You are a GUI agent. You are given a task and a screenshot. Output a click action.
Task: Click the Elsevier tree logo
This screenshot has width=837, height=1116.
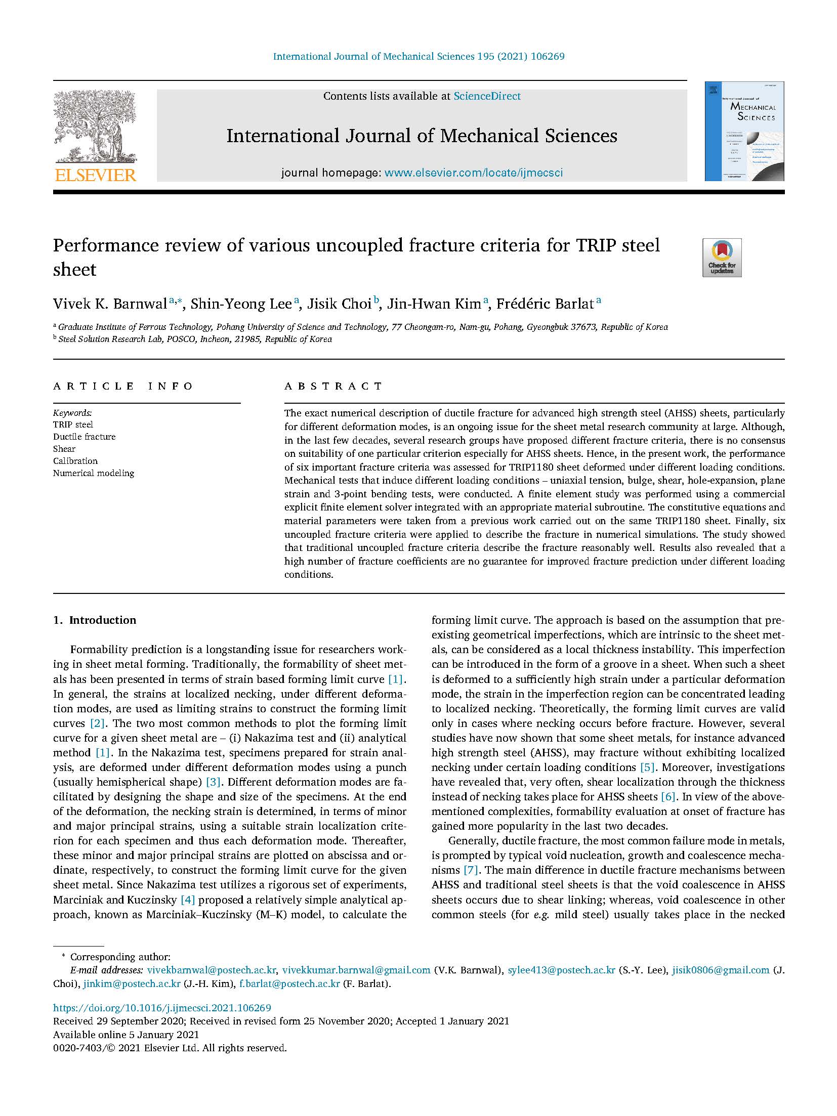click(x=95, y=126)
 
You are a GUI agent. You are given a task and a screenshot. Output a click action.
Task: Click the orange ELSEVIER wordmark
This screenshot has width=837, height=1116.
click(x=95, y=175)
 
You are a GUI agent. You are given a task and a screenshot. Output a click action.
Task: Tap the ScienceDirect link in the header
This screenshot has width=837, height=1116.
click(x=487, y=96)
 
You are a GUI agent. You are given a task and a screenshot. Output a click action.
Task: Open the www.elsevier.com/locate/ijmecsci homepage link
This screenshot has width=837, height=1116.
click(x=473, y=173)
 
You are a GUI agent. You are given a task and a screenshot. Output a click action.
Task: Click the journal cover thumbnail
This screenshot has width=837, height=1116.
click(x=744, y=131)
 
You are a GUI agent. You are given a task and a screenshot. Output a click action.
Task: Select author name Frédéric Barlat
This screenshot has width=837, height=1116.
click(x=545, y=304)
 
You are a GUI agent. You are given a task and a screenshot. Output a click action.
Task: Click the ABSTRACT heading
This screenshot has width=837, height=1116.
click(x=333, y=387)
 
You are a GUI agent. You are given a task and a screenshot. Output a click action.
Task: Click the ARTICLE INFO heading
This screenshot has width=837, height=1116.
click(x=123, y=387)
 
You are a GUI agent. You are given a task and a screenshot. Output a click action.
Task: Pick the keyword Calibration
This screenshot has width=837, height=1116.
click(x=75, y=461)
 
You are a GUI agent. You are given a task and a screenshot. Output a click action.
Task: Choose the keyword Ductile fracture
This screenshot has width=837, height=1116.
click(x=85, y=437)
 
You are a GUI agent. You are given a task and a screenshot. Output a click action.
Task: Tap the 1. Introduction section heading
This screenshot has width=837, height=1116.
click(x=95, y=620)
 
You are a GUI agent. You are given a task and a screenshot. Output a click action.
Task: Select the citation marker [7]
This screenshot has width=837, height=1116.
click(x=471, y=870)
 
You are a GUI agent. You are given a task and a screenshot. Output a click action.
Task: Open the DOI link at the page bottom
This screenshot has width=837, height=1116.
click(x=162, y=1022)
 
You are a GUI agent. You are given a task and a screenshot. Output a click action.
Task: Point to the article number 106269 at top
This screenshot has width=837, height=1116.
click(x=547, y=57)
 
